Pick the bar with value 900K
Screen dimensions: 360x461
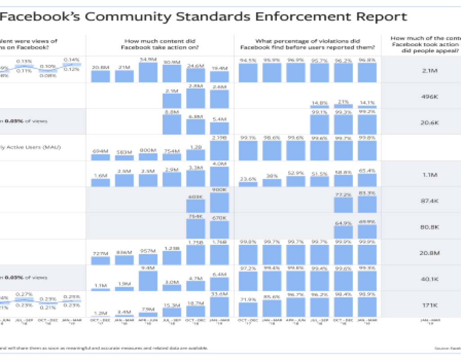[x=219, y=203]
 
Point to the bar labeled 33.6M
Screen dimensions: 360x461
[x=219, y=306]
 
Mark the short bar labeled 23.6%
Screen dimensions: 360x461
[x=248, y=184]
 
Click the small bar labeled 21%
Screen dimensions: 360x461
[x=343, y=106]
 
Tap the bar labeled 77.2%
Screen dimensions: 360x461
[x=343, y=206]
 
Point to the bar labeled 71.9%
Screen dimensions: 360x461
[x=248, y=310]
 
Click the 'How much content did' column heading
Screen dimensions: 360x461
[x=159, y=41]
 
